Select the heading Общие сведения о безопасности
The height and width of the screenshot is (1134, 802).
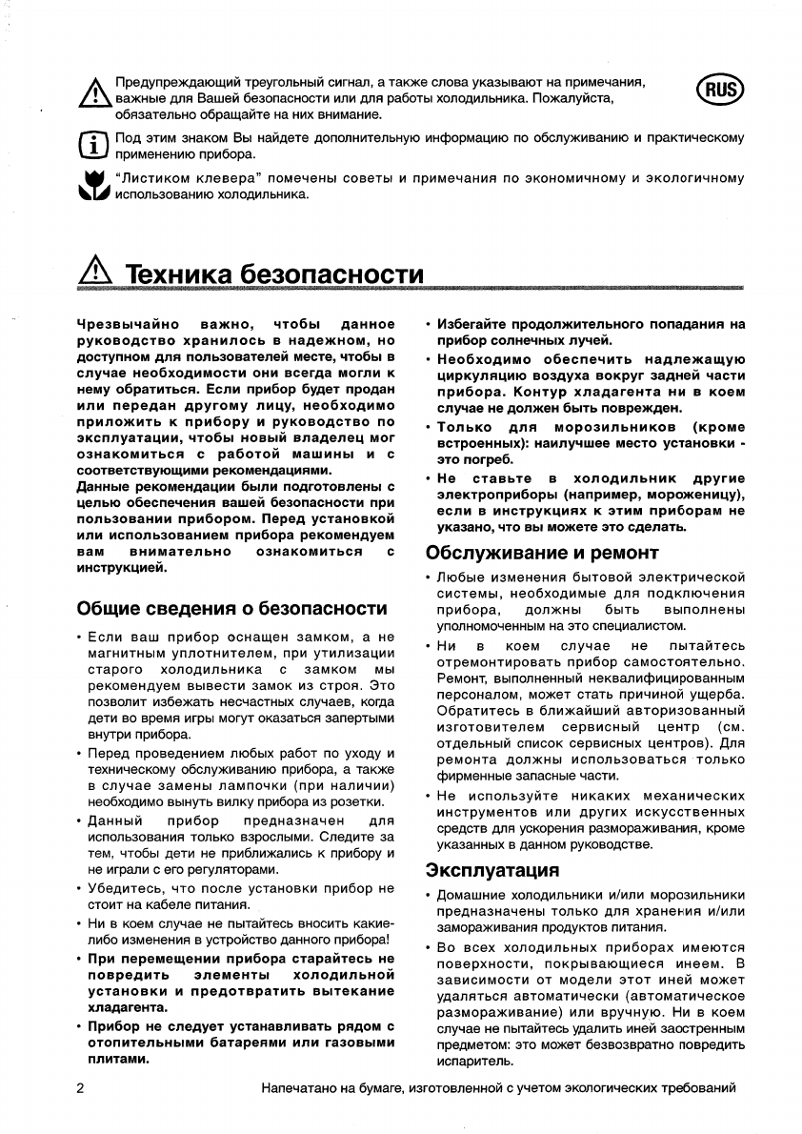pos(231,608)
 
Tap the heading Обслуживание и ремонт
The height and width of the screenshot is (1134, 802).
pos(542,553)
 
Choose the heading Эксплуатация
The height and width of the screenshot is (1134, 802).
pos(491,869)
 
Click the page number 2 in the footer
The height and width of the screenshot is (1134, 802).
pos(80,1087)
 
